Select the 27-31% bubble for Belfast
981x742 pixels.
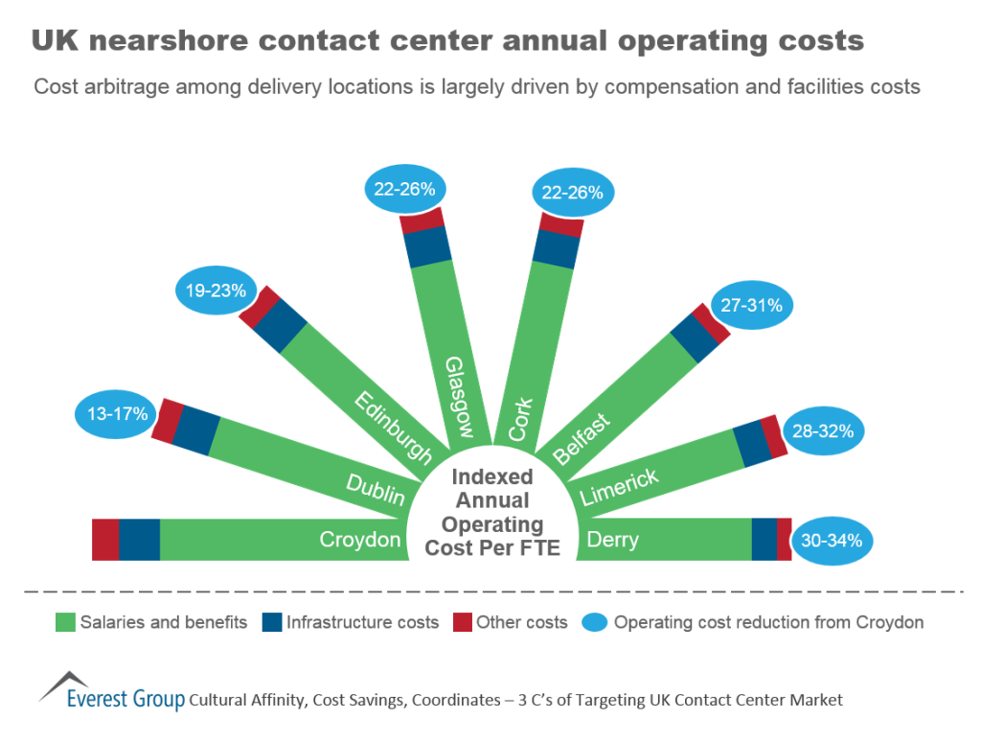(750, 306)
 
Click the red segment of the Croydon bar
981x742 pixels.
(104, 539)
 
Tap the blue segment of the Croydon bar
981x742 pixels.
(139, 539)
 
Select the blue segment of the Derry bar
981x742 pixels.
(764, 539)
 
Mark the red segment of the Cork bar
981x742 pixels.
(561, 225)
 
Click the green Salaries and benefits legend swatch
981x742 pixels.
(65, 622)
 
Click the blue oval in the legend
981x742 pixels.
(594, 622)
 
